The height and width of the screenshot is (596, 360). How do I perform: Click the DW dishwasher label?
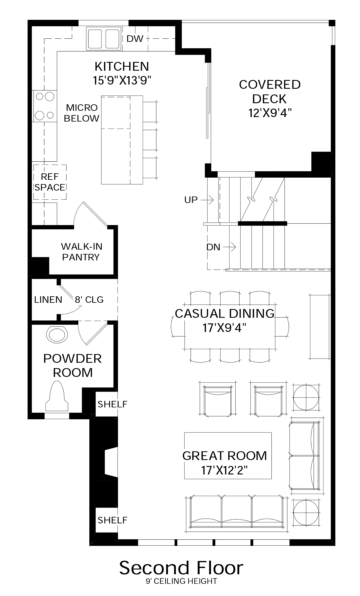point(135,39)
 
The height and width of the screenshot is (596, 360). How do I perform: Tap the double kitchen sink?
point(103,39)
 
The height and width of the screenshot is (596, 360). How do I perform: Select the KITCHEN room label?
point(122,66)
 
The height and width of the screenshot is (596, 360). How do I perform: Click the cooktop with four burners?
point(45,106)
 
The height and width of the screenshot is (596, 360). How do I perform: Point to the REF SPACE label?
point(50,182)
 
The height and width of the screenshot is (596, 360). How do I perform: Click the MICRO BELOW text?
point(81,113)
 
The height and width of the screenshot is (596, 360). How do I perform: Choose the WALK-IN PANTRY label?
point(81,252)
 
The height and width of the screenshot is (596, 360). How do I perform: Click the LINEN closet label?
point(48,300)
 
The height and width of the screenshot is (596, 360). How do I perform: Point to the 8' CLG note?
point(89,300)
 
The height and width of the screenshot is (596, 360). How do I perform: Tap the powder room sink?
point(57,334)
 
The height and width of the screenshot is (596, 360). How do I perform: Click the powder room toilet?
point(57,397)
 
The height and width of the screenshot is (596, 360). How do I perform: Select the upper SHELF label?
point(112,404)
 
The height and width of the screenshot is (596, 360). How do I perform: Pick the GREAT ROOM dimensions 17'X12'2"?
point(224,470)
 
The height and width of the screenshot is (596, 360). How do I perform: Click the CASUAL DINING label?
point(224,313)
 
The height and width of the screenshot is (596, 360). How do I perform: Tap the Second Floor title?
point(181,568)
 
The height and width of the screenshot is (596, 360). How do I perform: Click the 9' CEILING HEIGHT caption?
point(181,581)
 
